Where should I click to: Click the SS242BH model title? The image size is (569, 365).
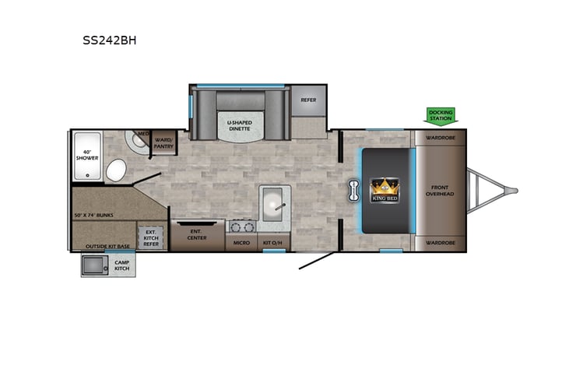tap(110, 40)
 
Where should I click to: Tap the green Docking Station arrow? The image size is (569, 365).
tap(440, 116)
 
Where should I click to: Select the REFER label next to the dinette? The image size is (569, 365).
tap(308, 100)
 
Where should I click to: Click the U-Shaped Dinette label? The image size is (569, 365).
tap(241, 125)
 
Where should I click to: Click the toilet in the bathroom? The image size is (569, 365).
tap(117, 169)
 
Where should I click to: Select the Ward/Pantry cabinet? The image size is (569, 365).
tap(164, 141)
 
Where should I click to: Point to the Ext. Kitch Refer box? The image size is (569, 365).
tap(151, 237)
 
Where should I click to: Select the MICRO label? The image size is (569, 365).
tap(241, 244)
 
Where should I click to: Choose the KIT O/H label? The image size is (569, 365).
tap(273, 244)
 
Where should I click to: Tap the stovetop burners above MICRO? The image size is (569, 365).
tap(241, 227)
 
